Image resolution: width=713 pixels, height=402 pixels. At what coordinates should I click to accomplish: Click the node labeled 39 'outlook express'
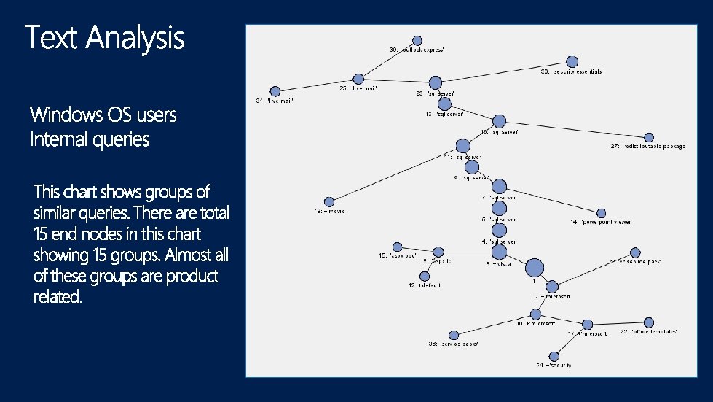point(417,40)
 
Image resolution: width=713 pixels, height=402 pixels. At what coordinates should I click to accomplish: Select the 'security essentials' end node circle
point(572,62)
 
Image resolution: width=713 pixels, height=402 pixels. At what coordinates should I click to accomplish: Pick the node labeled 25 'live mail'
point(358,79)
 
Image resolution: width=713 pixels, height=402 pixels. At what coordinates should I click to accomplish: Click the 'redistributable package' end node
point(649,137)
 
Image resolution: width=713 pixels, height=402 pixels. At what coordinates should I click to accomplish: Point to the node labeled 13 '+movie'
point(328,201)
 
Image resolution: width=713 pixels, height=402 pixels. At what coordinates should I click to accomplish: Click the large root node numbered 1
point(534,268)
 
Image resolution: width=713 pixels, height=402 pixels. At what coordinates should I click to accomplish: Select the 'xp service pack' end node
point(634,252)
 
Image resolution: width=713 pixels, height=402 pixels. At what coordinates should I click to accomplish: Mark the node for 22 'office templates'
point(648,322)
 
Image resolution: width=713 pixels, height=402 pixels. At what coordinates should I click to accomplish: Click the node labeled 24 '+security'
point(554,356)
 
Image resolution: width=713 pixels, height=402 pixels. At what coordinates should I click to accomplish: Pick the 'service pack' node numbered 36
point(453,335)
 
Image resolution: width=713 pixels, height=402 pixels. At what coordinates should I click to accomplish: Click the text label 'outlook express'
point(422,50)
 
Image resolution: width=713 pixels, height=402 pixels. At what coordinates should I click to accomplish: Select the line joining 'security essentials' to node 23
point(503,72)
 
